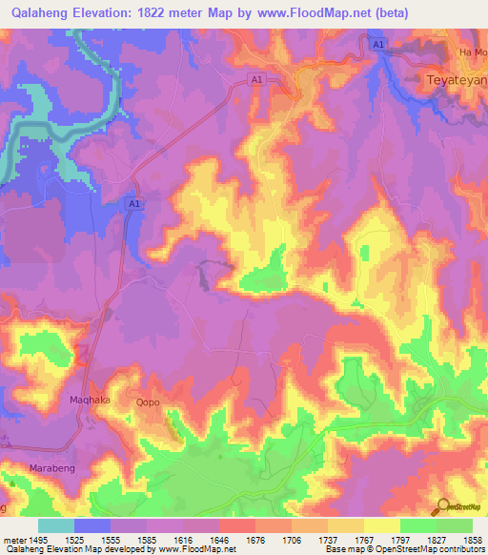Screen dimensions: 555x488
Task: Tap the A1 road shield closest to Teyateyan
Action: [x=378, y=44]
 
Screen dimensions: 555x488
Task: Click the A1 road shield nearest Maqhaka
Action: [x=133, y=204]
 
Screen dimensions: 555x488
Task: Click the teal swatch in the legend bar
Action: [x=55, y=525]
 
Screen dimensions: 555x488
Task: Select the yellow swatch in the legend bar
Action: [x=381, y=525]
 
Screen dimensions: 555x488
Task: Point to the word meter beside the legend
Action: [x=12, y=539]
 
